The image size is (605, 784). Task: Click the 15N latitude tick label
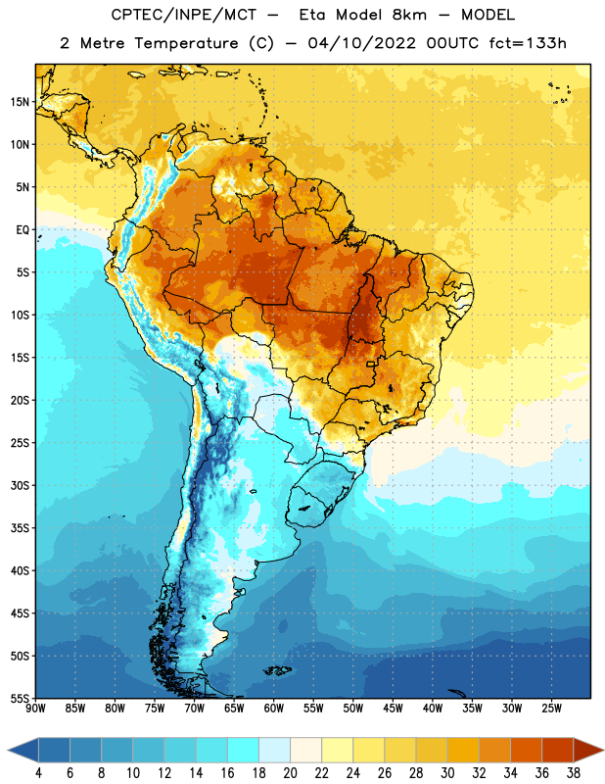pyautogui.click(x=20, y=102)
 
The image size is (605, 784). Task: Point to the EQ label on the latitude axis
pyautogui.click(x=23, y=230)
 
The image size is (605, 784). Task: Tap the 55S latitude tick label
pyautogui.click(x=20, y=698)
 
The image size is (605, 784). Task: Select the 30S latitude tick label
pyautogui.click(x=20, y=485)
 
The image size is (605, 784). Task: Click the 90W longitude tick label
pyautogui.click(x=35, y=709)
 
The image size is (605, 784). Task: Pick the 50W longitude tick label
pyautogui.click(x=353, y=709)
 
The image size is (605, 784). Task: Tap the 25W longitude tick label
pyautogui.click(x=551, y=709)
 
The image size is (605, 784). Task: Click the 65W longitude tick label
pyautogui.click(x=234, y=709)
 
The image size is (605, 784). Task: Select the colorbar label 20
pyautogui.click(x=290, y=773)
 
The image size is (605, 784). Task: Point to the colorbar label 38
pyautogui.click(x=574, y=773)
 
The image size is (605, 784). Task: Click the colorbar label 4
pyautogui.click(x=38, y=773)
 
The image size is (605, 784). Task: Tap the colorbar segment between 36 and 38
pyautogui.click(x=558, y=750)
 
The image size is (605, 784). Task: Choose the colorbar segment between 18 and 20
pyautogui.click(x=274, y=750)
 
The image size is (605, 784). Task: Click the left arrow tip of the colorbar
pyautogui.click(x=8, y=750)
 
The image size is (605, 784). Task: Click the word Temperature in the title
pyautogui.click(x=186, y=43)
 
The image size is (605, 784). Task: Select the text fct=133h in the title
pyautogui.click(x=528, y=43)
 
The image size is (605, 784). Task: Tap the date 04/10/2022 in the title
pyautogui.click(x=361, y=43)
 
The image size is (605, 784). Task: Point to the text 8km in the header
pyautogui.click(x=409, y=15)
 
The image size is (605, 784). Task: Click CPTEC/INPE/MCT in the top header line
pyautogui.click(x=184, y=15)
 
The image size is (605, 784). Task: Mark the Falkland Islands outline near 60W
pyautogui.click(x=277, y=670)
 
